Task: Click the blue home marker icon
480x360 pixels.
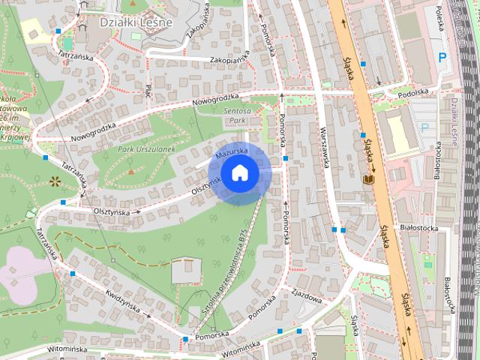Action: [239, 173]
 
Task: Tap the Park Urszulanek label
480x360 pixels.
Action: [146, 150]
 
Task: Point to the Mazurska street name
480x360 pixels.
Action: [230, 152]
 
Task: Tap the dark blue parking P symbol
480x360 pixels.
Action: [442, 56]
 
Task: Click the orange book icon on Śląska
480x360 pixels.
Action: [367, 180]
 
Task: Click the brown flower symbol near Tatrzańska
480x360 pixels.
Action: [54, 181]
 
